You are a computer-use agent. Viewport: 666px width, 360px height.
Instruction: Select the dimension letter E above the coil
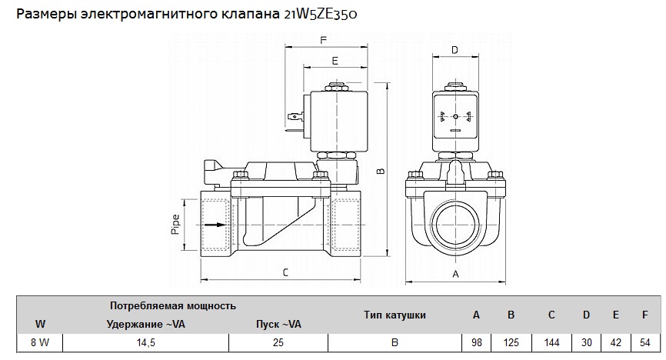pyautogui.click(x=335, y=60)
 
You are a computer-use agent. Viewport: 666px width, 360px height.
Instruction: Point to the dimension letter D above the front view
pyautogui.click(x=455, y=51)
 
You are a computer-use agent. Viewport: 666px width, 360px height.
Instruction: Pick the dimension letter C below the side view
pyautogui.click(x=285, y=272)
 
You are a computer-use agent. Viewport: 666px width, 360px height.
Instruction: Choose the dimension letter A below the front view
pyautogui.click(x=455, y=274)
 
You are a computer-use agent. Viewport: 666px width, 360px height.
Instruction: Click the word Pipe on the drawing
pyautogui.click(x=176, y=224)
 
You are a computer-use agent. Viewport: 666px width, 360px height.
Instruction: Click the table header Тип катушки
pyautogui.click(x=395, y=315)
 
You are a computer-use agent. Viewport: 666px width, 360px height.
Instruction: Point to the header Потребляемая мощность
pyautogui.click(x=173, y=306)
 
